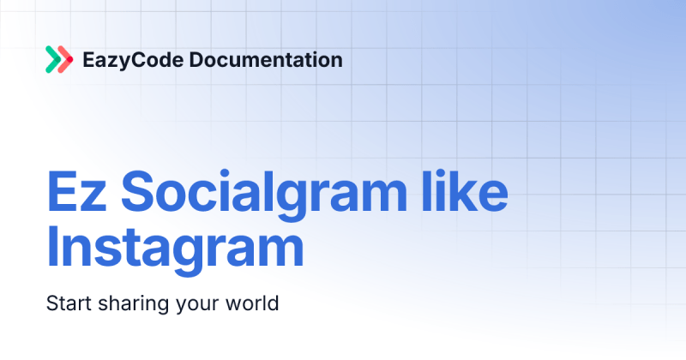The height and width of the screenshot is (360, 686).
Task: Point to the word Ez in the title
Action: point(69,193)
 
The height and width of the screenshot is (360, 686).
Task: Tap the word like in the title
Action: point(467,193)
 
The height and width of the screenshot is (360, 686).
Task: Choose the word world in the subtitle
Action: point(256,303)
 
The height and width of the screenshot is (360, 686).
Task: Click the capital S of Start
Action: point(51,303)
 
